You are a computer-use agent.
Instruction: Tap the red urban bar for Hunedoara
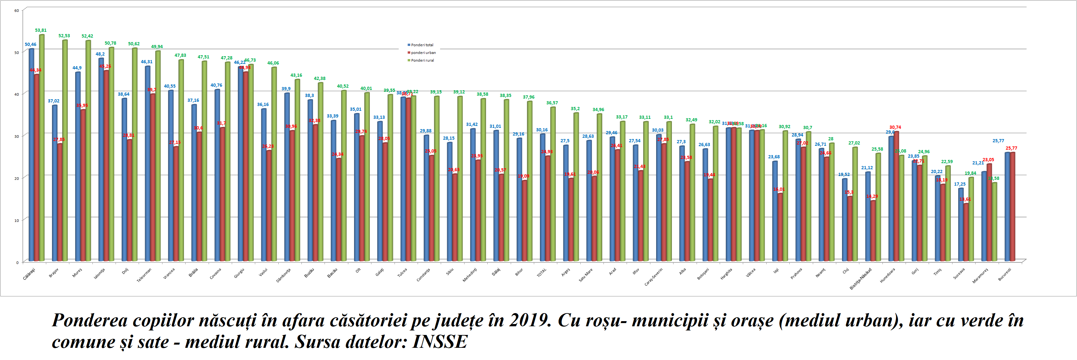(x=896, y=197)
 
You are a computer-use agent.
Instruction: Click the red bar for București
(x=1012, y=207)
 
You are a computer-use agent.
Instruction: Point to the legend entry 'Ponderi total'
(x=422, y=45)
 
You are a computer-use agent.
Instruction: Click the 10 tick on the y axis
(x=17, y=220)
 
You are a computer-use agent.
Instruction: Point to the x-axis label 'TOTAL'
(x=542, y=273)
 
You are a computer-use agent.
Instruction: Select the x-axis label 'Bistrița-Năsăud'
(x=860, y=278)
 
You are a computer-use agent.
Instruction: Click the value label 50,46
(x=30, y=44)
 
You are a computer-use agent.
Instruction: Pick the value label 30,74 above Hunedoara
(x=895, y=127)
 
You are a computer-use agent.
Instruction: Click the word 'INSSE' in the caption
(x=439, y=342)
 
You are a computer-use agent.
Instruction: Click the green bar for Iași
(x=785, y=196)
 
